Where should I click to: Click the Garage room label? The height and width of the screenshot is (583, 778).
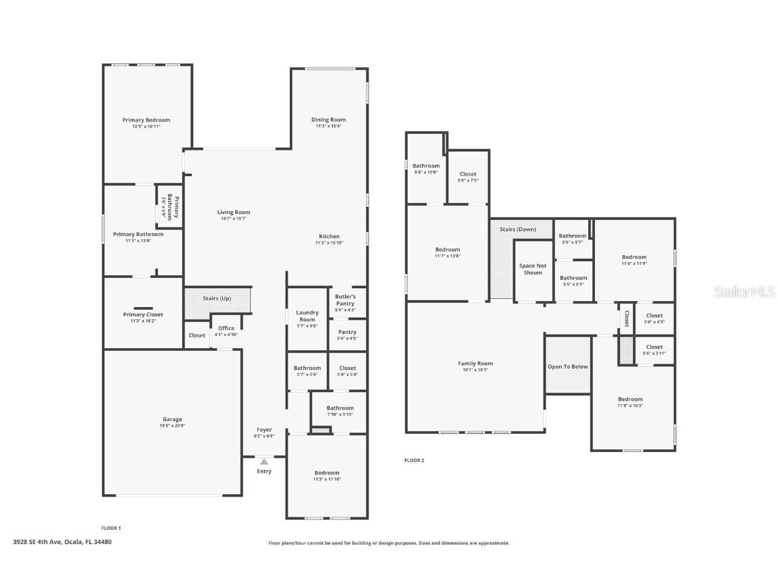[x=172, y=419]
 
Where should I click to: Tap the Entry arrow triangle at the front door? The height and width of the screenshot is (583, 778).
[x=264, y=462]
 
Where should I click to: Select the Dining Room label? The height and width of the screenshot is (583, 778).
[x=329, y=119]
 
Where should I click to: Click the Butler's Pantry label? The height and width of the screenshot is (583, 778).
[x=345, y=300]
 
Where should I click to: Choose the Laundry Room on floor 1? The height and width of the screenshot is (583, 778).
[x=307, y=316]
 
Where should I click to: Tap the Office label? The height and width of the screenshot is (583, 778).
[x=226, y=328]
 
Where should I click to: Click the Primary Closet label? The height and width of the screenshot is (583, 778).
[x=143, y=314]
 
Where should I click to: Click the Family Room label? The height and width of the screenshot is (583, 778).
[x=475, y=363]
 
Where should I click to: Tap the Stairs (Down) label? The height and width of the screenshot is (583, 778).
[x=518, y=229]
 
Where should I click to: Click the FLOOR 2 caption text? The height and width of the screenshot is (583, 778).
[x=414, y=460]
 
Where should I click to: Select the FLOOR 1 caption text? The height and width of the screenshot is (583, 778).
[x=111, y=528]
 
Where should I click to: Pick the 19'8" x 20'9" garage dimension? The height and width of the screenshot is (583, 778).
[x=172, y=426]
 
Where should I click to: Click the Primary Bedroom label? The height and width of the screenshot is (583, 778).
[x=147, y=119]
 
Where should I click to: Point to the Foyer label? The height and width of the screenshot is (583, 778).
[x=264, y=430]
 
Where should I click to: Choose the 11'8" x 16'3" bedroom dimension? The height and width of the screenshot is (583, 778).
[x=630, y=406]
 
